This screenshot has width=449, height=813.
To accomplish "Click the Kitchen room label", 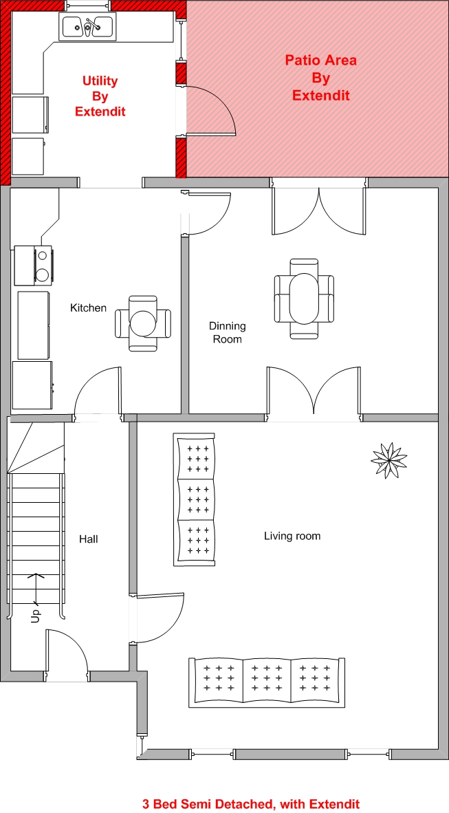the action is tap(88, 308).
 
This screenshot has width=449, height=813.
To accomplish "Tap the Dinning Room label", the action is tap(227, 332).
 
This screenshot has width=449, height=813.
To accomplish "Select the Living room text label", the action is tap(292, 536).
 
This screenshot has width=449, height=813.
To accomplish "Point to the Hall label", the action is tap(88, 539).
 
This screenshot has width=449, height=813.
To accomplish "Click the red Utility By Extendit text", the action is tap(100, 96).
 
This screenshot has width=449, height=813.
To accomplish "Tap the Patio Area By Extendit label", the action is tap(321, 78).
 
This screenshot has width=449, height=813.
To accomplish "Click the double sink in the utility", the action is tap(89, 26).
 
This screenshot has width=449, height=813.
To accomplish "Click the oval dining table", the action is tap(305, 299).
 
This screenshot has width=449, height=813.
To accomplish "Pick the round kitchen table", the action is tap(142, 323).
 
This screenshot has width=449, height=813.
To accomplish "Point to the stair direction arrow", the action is tap(35, 589).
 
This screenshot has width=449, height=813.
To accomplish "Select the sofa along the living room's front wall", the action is tap(267, 683).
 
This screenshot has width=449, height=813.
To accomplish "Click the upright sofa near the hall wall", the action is tap(195, 500).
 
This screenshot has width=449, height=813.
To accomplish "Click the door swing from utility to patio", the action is tap(212, 109).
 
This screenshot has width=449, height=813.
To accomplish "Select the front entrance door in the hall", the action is tap(67, 654).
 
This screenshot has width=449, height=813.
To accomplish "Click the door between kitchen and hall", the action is tap(98, 391).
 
